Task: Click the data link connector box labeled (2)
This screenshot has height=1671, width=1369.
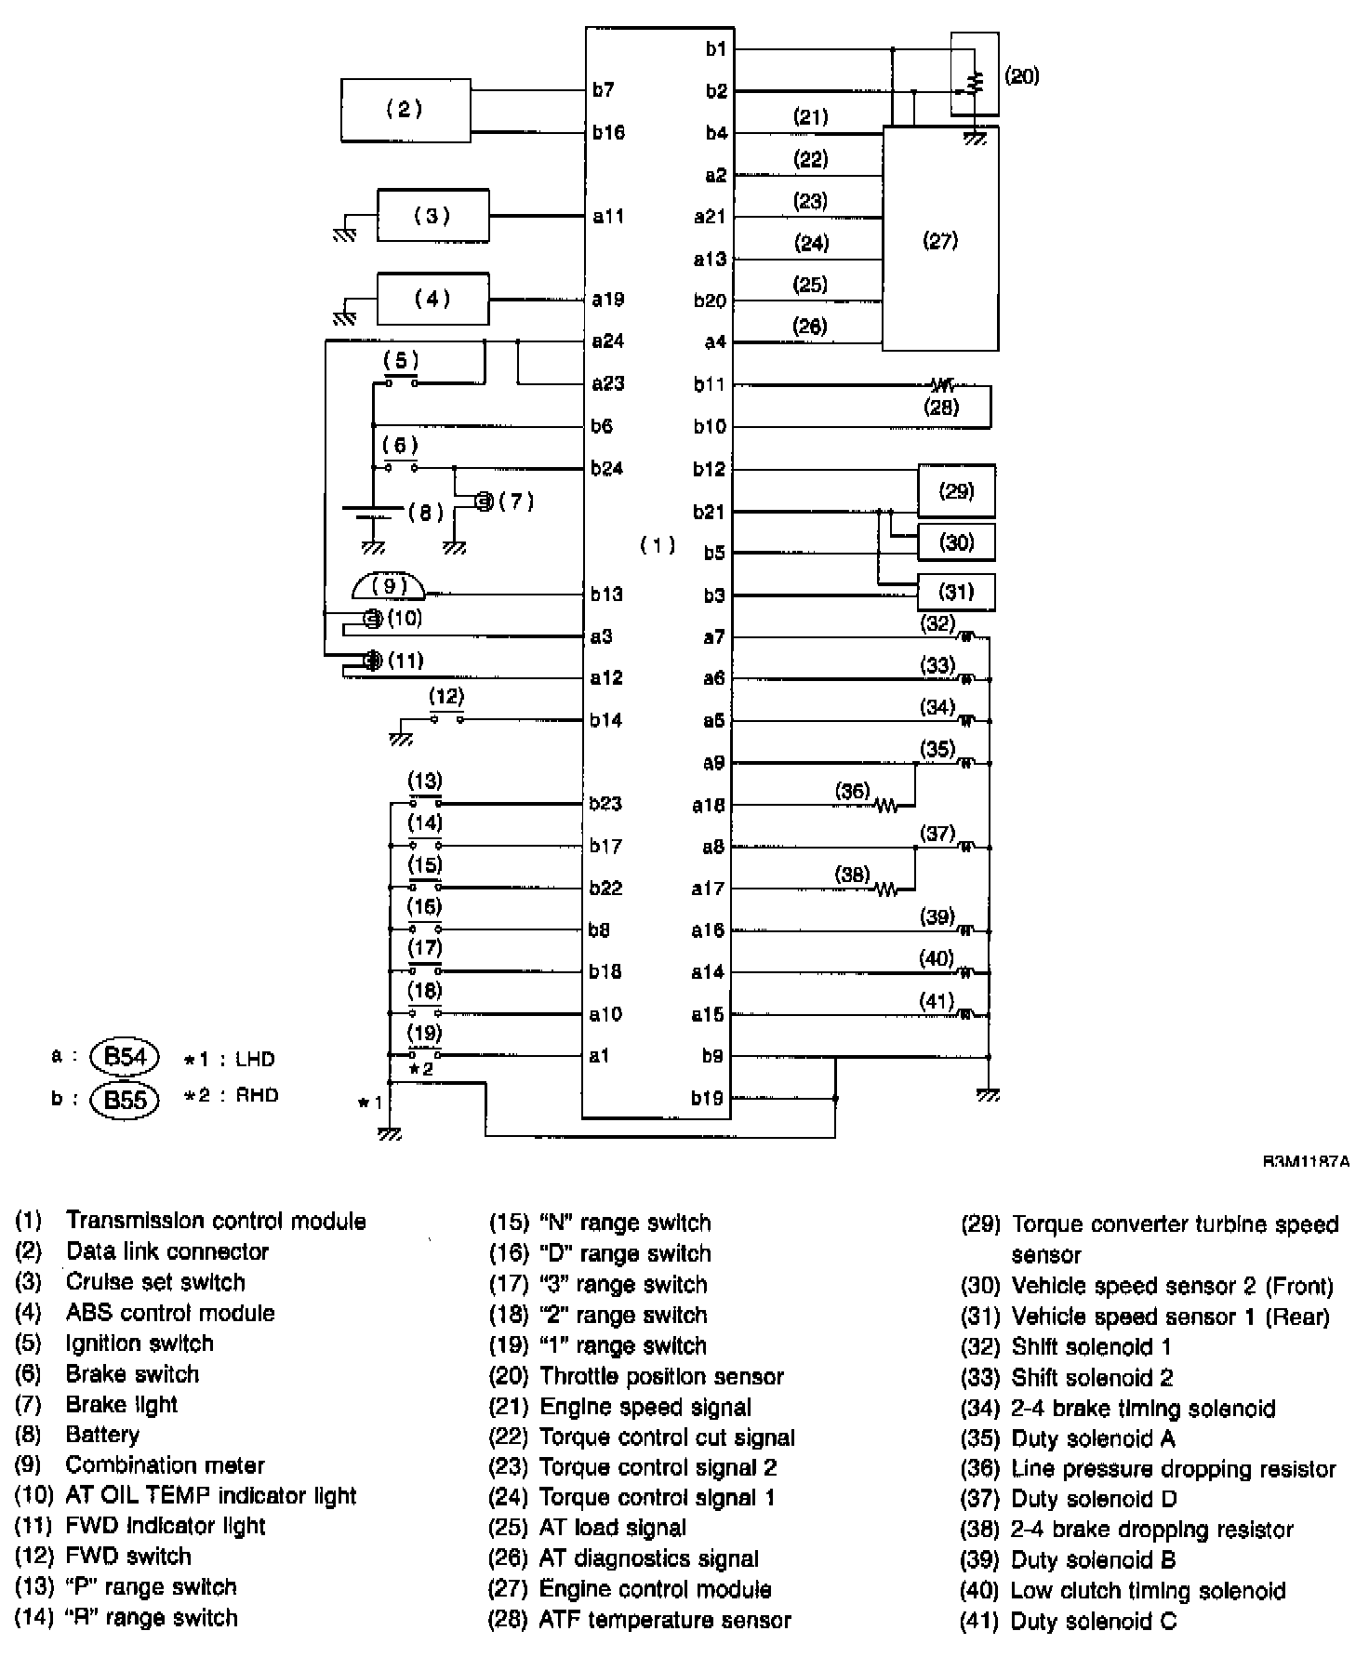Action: tap(405, 110)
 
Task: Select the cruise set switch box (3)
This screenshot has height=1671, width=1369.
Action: tap(432, 216)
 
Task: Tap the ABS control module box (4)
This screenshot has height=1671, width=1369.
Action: tap(432, 299)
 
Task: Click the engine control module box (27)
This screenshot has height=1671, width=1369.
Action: tap(940, 240)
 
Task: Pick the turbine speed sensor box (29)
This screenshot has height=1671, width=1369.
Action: tap(956, 490)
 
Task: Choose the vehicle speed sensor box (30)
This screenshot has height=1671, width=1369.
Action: tap(956, 541)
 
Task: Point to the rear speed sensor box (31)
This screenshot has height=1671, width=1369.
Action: tap(956, 592)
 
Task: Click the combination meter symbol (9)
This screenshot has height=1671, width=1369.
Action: tap(390, 586)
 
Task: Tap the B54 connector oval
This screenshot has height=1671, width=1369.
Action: tap(126, 1057)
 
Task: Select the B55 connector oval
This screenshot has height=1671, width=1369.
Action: tap(126, 1100)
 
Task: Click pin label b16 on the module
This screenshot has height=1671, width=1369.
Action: tap(608, 132)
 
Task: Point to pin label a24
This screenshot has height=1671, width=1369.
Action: tap(608, 341)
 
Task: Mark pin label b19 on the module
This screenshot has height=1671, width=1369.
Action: tap(708, 1098)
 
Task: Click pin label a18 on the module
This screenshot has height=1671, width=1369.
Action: tap(708, 805)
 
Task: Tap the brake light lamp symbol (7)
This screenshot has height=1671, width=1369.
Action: tap(483, 502)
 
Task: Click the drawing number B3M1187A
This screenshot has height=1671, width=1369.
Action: tap(1306, 1162)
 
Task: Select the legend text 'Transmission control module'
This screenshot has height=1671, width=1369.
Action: tap(216, 1222)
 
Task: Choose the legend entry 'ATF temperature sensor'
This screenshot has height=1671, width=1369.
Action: tap(665, 1621)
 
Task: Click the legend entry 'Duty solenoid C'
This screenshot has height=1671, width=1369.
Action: tap(1094, 1622)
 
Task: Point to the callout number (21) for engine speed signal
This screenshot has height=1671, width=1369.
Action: tap(810, 117)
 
